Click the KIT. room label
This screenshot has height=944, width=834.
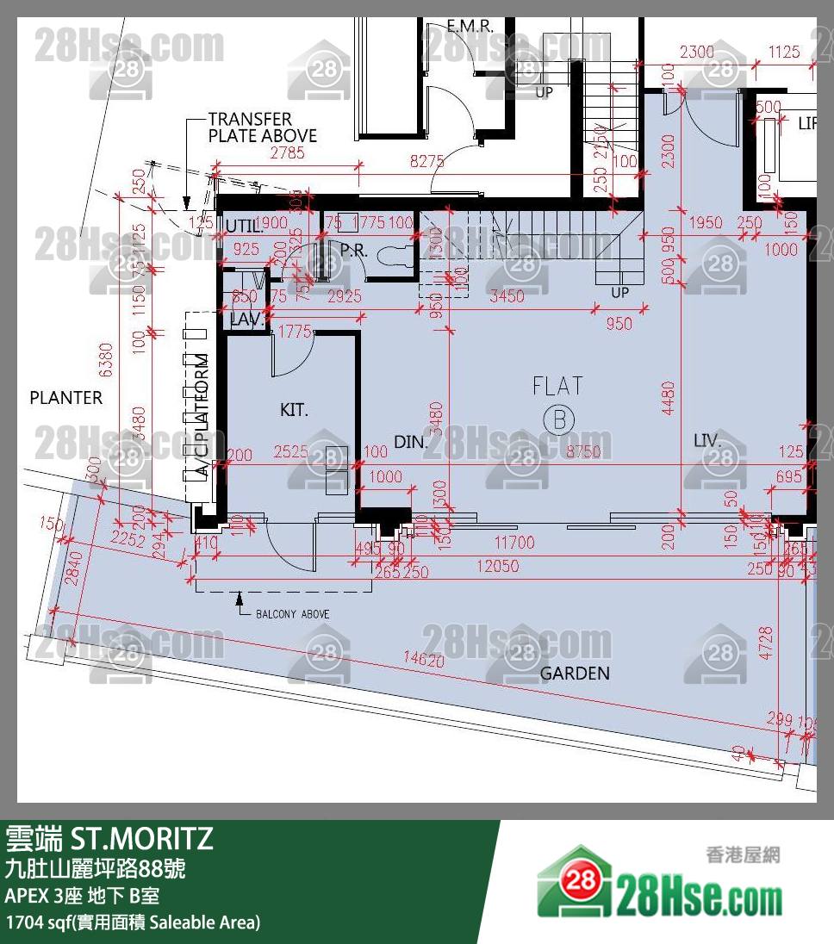coord(294,411)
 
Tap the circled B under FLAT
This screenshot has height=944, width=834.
coord(558,419)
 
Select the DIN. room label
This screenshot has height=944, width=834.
coord(410,442)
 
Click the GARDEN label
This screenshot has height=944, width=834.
coord(575,674)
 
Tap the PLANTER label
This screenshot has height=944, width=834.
coord(65,398)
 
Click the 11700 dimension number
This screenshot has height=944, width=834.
coord(513,543)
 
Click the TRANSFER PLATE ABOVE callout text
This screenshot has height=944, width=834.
coord(262,127)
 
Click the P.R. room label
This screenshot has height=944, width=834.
coord(354,250)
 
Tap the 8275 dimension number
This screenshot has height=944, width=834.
coord(427,160)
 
